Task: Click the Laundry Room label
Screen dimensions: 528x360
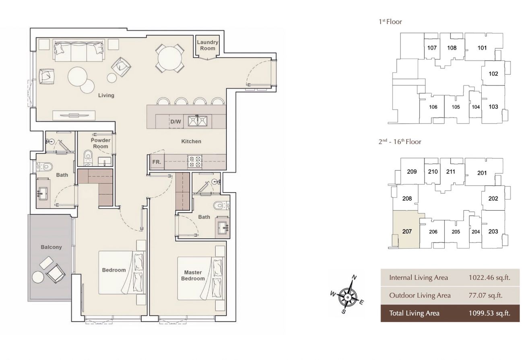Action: pos(208,45)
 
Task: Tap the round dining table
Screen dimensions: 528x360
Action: pos(170,58)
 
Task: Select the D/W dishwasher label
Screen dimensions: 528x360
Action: pos(175,122)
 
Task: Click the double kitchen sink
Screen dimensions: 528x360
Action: pos(198,121)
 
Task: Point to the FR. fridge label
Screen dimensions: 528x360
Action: pos(157,162)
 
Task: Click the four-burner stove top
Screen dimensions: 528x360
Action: pos(195,161)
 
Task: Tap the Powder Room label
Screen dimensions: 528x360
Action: pos(101,143)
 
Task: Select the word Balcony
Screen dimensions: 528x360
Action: pos(51,247)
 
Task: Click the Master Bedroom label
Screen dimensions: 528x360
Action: pos(193,275)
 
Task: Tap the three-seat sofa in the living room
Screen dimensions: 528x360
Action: pos(79,51)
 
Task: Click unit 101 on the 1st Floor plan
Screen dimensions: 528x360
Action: pos(482,48)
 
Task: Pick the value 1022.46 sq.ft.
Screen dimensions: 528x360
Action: pos(489,278)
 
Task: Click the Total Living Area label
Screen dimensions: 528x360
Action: pos(414,313)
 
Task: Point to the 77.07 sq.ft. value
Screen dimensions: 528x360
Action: pos(485,295)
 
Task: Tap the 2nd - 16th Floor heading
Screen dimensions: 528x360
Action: pos(400,142)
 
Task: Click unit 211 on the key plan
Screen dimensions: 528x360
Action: pos(450,172)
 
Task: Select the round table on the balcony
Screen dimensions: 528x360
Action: pos(38,277)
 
